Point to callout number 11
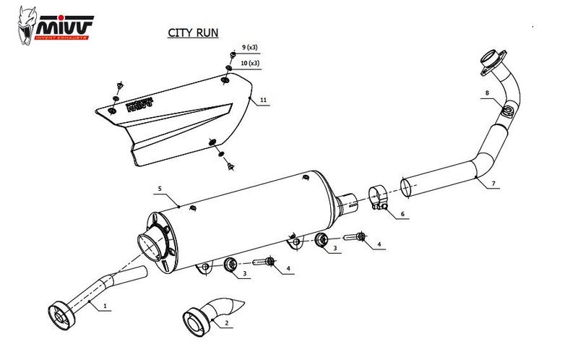point(264,98)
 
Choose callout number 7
point(493,184)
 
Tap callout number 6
point(402,215)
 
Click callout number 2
point(227,322)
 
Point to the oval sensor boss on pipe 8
point(507,112)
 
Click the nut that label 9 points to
point(230,55)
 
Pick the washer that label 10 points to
point(228,69)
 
